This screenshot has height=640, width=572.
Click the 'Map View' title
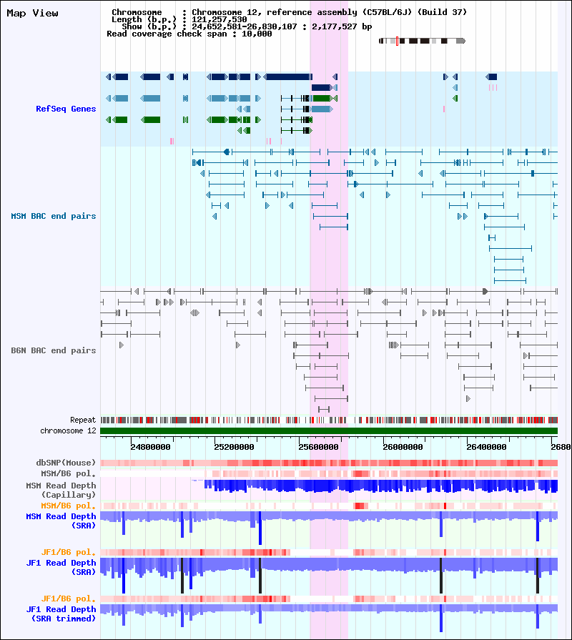point(32,13)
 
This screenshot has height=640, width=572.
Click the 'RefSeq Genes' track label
point(66,109)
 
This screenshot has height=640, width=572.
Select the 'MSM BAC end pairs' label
point(54,216)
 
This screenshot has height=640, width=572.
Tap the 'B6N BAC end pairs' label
point(54,350)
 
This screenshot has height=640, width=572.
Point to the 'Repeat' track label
point(83,420)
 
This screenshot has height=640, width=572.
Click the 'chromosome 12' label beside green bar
point(68,430)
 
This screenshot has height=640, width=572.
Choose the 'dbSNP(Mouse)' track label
point(66,463)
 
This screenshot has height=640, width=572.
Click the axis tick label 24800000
point(151,447)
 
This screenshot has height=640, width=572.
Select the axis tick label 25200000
point(235,447)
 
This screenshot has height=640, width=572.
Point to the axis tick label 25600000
point(319,447)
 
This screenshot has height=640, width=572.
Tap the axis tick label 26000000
point(403,447)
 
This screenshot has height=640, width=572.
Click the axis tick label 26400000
point(487,447)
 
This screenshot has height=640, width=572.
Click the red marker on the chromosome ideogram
point(397,41)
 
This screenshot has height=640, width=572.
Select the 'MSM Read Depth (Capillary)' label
point(61,490)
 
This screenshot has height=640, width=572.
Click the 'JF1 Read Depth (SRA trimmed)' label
point(61,614)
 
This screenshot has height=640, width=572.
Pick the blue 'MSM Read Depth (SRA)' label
point(61,521)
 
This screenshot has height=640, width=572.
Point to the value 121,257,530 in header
point(220,19)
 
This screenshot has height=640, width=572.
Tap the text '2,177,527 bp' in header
point(342,26)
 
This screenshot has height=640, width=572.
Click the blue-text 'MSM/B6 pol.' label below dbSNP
point(68,473)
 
